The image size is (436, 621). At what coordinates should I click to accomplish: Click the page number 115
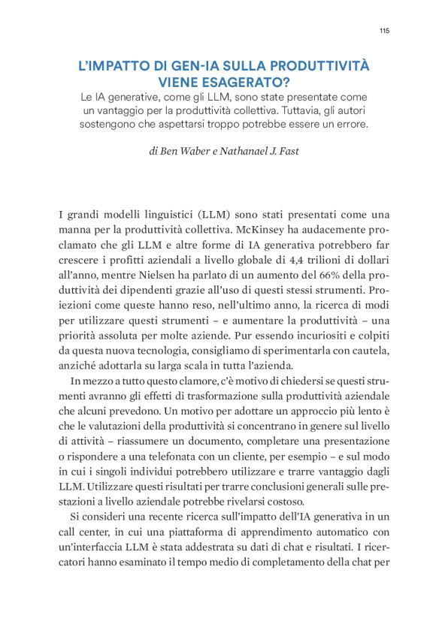[x=384, y=31]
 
